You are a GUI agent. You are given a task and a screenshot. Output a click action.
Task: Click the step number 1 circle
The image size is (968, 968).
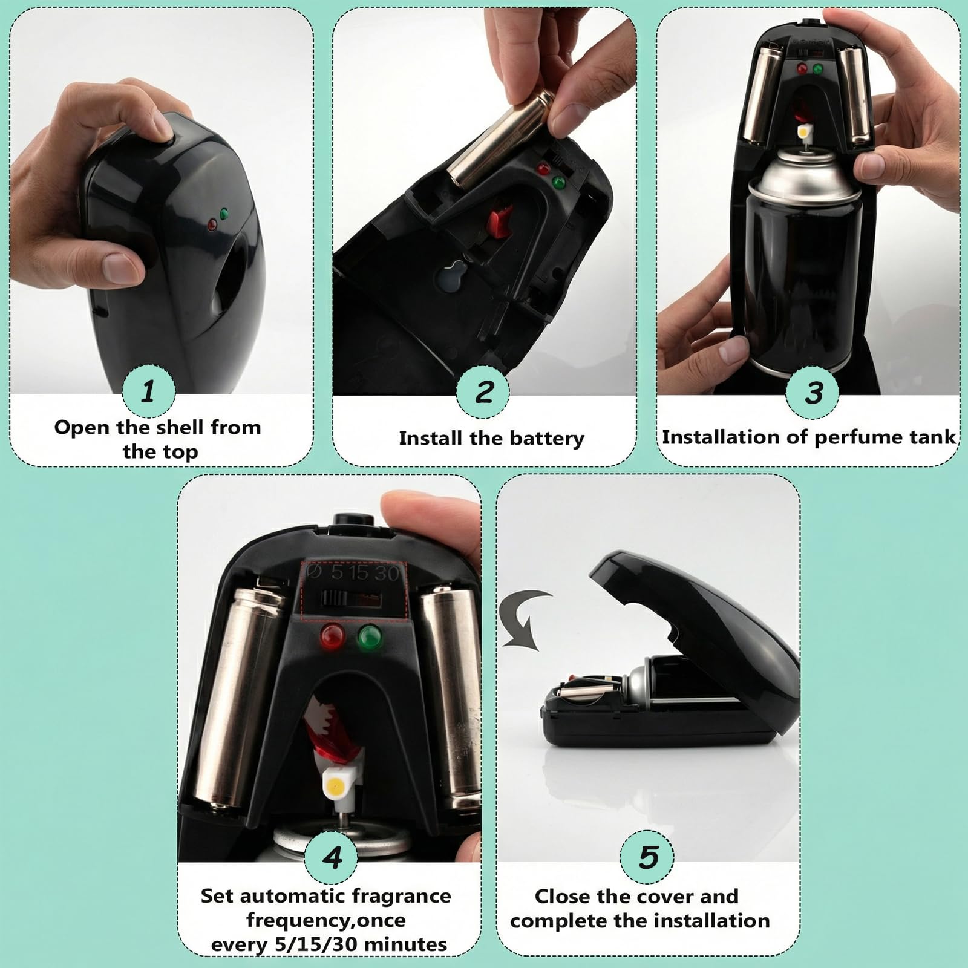(x=149, y=391)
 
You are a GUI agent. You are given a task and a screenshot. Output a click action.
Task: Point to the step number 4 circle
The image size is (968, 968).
(x=332, y=857)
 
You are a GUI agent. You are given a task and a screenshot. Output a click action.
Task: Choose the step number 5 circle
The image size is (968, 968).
(x=647, y=857)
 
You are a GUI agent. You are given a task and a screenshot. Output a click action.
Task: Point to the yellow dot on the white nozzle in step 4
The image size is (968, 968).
(x=332, y=786)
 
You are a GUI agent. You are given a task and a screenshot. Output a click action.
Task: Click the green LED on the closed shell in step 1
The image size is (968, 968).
(x=224, y=214)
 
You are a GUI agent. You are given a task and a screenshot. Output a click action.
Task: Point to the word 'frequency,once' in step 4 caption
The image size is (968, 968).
(x=326, y=920)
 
